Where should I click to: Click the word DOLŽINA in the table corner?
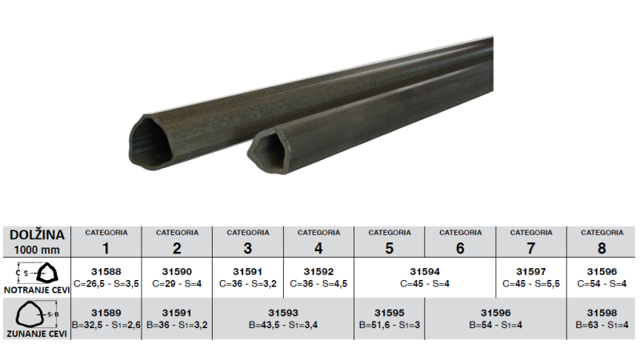pos(37,234)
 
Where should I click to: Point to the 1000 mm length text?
pos(37,250)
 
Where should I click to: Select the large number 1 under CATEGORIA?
pos(106,248)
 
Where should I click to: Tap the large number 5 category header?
pos(390,248)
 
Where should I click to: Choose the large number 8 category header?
pos(602,248)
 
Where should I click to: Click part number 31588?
pos(106,271)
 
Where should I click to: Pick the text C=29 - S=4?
pos(177,283)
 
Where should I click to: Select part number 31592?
pos(318,271)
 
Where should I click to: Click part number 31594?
pos(425,271)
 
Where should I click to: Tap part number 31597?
pos(531,271)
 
